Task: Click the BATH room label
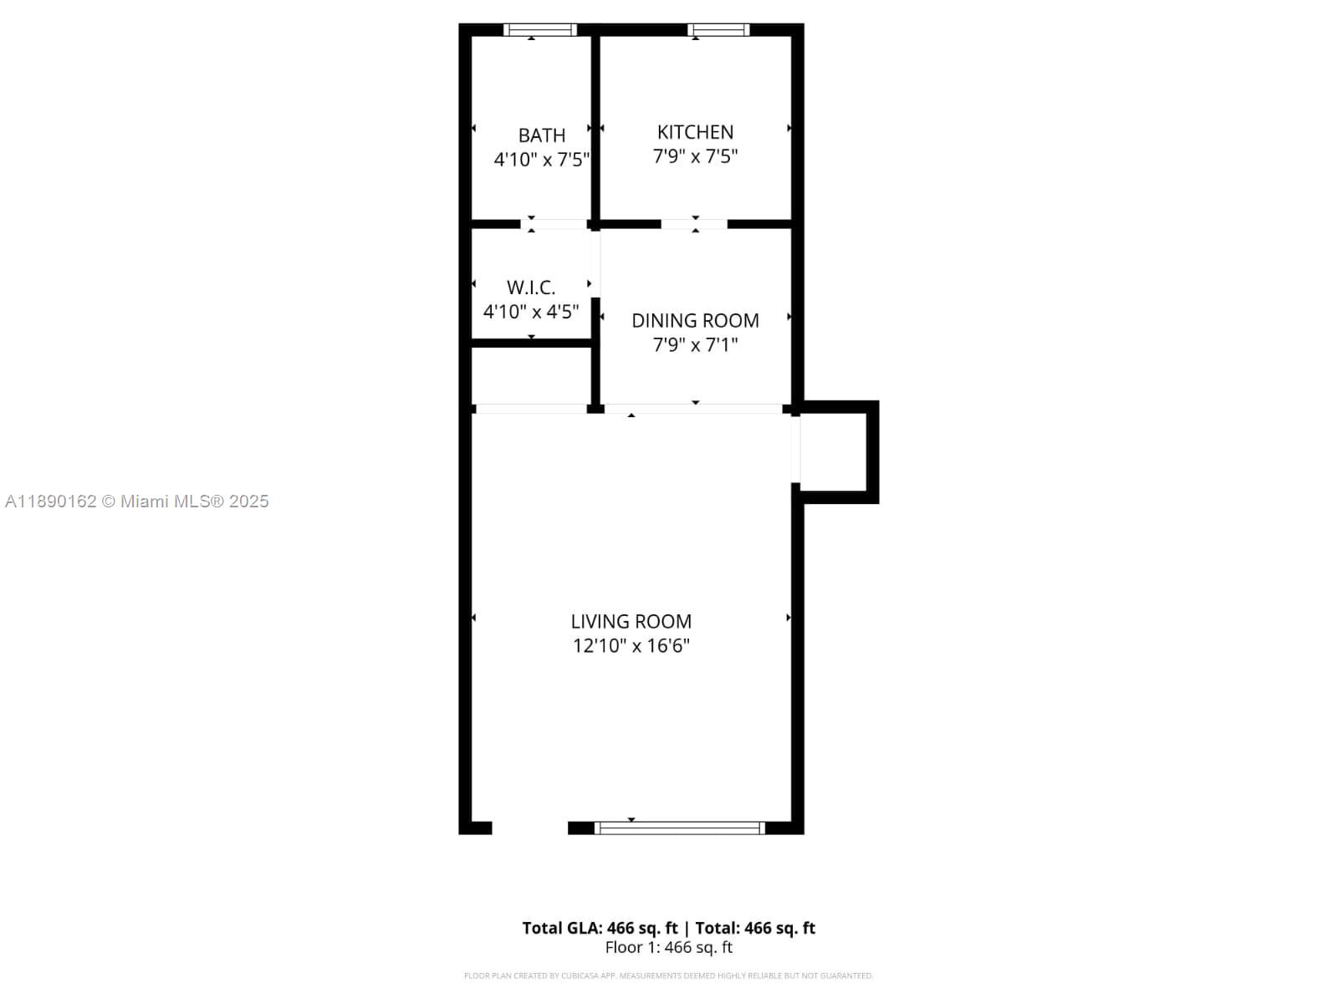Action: [x=541, y=135]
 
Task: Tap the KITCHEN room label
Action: [x=695, y=131]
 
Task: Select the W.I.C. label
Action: [x=531, y=287]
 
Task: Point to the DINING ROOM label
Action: [x=695, y=320]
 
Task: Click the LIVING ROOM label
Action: [x=631, y=621]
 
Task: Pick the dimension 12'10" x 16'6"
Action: [x=631, y=645]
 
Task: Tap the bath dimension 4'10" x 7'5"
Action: [x=541, y=160]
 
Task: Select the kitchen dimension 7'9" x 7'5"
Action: [x=695, y=156]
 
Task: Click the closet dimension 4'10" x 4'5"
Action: [x=531, y=312]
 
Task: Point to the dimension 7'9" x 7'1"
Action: [x=695, y=345]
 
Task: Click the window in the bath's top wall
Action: [x=539, y=30]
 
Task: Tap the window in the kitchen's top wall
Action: [x=718, y=30]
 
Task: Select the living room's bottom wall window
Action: [x=679, y=827]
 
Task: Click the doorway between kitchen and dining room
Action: [x=694, y=224]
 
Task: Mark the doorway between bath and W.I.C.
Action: [x=554, y=224]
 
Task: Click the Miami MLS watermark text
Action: [x=137, y=501]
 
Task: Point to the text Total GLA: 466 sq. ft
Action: [x=600, y=928]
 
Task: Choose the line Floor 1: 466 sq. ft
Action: [x=669, y=948]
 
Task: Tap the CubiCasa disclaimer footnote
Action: [x=669, y=975]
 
